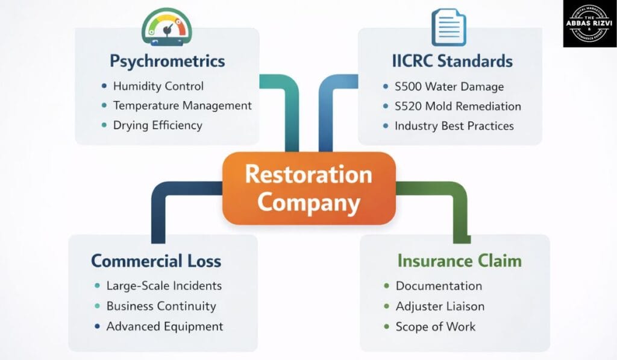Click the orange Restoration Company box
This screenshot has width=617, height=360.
[x=308, y=188]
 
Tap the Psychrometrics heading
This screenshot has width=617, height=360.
[x=167, y=61]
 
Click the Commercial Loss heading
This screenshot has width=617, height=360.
[x=156, y=261]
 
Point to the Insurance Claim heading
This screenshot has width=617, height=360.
[x=459, y=261]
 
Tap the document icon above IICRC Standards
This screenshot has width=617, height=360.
[x=449, y=25]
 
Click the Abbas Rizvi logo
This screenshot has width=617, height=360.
[x=589, y=24]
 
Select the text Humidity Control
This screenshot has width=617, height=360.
[x=158, y=86]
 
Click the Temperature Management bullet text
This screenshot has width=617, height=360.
[x=183, y=106]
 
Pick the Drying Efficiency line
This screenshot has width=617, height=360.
[x=158, y=125]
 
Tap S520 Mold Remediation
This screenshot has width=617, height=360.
[x=457, y=106]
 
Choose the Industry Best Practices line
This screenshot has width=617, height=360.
[x=454, y=126]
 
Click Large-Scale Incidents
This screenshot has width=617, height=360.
[x=164, y=286]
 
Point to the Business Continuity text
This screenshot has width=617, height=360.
[x=161, y=306]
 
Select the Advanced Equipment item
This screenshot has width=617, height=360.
[x=164, y=326]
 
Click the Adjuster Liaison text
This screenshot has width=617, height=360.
[x=440, y=306]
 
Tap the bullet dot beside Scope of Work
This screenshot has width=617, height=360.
[x=386, y=327]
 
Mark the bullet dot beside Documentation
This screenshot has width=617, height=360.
[x=386, y=286]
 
